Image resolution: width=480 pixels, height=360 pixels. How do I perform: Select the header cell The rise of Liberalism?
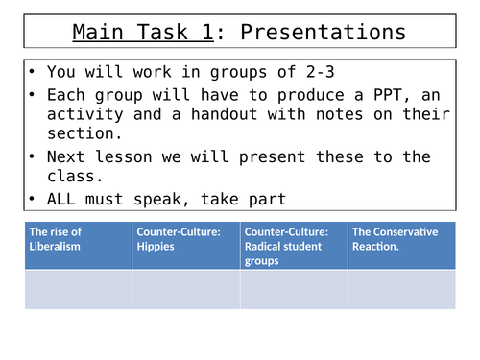pos(78,246)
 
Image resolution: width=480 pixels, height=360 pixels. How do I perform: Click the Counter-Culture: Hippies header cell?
pos(186,246)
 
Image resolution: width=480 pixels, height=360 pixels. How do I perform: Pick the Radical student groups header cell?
pos(294,246)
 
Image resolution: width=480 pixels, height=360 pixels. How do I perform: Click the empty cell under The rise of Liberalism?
pos(78,290)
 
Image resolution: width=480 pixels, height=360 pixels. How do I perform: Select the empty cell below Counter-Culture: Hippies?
pos(186,290)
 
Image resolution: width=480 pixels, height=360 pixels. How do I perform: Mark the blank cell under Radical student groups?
pos(294,290)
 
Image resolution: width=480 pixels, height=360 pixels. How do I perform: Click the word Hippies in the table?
pos(156,247)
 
